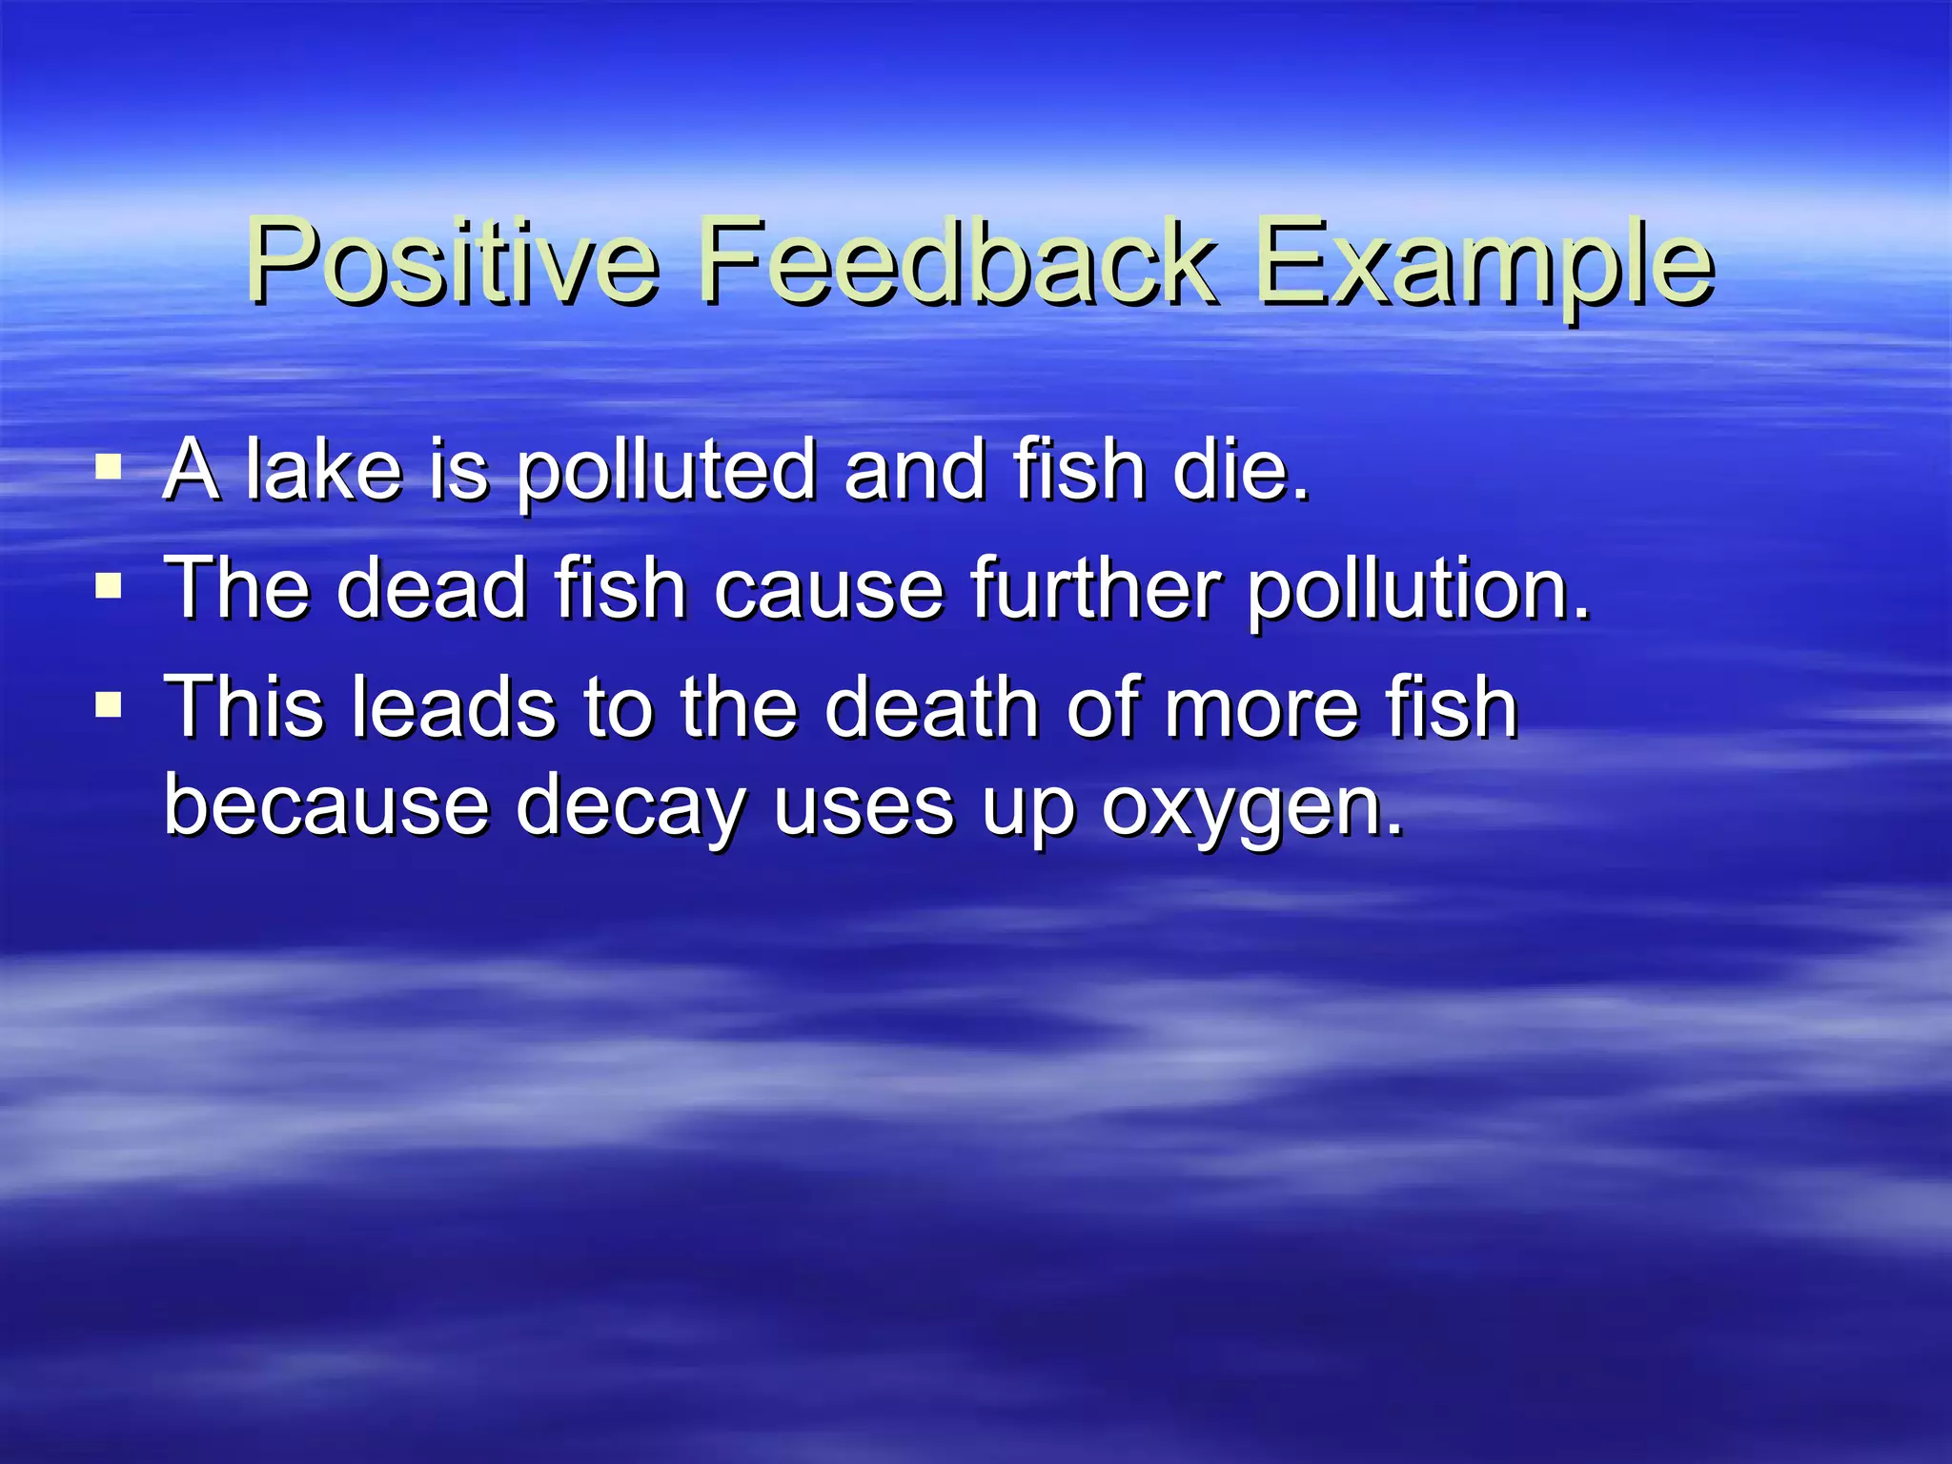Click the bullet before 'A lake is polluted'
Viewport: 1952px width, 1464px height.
point(110,468)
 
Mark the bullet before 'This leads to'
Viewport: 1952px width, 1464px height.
point(110,705)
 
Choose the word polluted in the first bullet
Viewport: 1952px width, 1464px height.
point(666,471)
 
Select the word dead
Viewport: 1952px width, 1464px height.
point(432,588)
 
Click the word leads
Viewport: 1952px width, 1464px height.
point(454,706)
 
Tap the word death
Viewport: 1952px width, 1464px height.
point(931,706)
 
